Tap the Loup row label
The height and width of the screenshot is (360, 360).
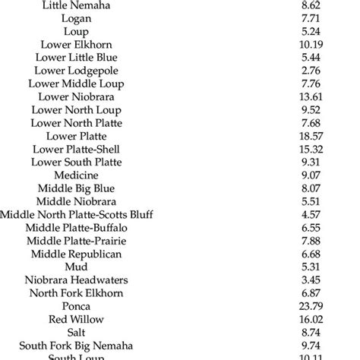tap(76, 32)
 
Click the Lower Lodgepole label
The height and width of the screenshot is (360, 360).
tap(76, 71)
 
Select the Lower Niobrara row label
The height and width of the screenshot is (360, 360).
tap(76, 96)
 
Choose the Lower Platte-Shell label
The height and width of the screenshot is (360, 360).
tap(76, 149)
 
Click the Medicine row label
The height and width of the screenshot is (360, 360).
tap(76, 175)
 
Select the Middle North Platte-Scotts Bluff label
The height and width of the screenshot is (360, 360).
tap(76, 214)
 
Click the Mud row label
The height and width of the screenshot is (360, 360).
tap(76, 267)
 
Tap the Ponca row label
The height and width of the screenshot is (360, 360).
tap(76, 306)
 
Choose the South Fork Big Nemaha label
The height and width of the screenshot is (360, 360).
tap(76, 345)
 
